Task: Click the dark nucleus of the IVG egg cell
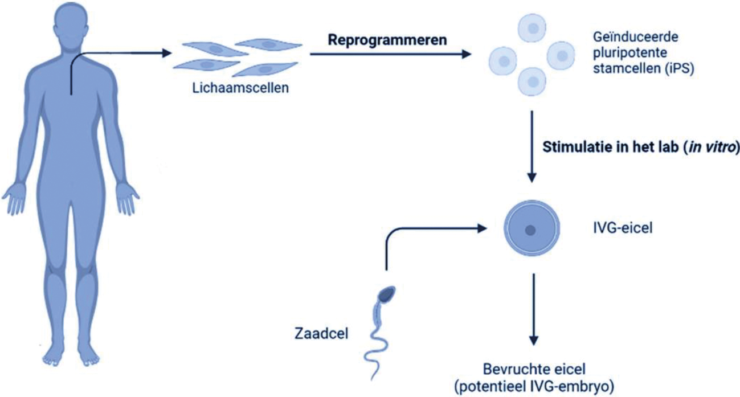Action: tap(530, 230)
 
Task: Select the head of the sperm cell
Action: tap(388, 294)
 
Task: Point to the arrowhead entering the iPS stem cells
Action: tap(467, 54)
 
